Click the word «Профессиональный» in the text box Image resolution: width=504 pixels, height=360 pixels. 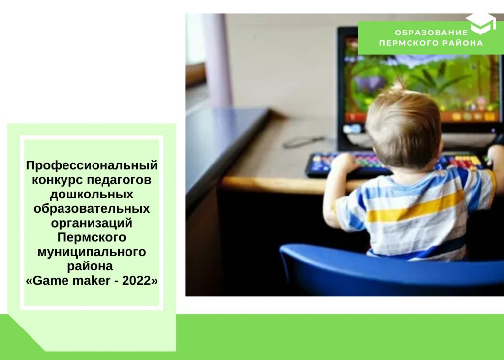92,166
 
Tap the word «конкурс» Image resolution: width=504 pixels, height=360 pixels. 57,180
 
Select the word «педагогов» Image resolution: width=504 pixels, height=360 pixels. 119,180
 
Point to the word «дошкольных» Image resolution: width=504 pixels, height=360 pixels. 92,195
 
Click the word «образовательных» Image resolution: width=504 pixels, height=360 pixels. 92,209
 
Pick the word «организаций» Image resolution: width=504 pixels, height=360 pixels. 92,223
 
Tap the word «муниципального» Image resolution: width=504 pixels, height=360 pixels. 92,252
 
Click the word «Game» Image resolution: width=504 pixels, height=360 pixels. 51,281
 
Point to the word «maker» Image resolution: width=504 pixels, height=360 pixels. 92,281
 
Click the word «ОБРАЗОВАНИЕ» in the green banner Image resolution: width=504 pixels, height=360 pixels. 431,33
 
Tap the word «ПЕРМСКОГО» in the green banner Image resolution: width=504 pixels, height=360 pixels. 409,43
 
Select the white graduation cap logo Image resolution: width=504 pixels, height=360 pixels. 481,24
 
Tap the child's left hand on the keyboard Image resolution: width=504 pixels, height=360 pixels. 344,163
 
